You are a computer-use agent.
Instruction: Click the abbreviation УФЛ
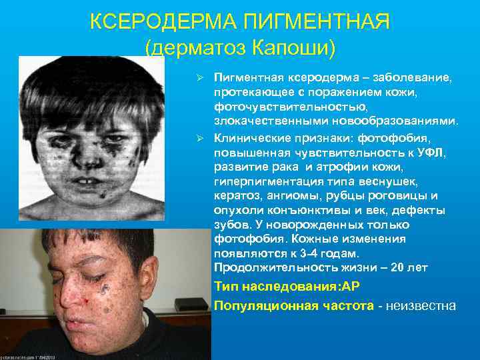pos(427,152)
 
